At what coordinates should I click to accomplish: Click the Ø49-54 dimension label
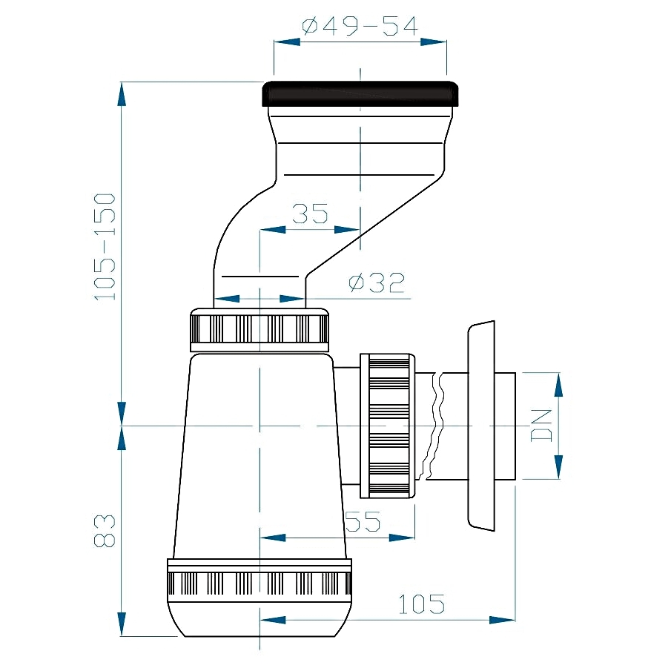[360, 26]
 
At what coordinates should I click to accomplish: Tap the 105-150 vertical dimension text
[105, 247]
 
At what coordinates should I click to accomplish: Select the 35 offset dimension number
[310, 214]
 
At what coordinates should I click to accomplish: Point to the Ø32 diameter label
[377, 282]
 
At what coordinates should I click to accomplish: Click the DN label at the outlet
[542, 426]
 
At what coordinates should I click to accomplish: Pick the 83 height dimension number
[105, 531]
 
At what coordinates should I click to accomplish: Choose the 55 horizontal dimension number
[363, 520]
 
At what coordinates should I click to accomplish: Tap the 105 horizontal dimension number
[422, 604]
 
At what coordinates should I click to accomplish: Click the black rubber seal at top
[360, 93]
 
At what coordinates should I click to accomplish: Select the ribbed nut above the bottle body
[260, 329]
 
